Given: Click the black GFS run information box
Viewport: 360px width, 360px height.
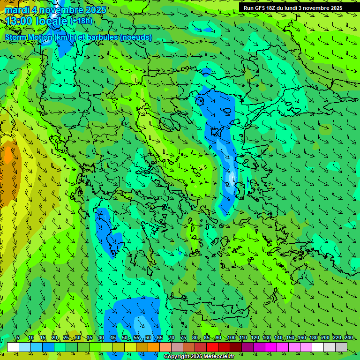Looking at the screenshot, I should (x=292, y=7).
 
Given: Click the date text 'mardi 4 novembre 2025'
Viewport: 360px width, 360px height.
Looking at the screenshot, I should (x=56, y=10).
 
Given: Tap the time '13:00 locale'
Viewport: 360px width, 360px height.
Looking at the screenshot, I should (x=36, y=21).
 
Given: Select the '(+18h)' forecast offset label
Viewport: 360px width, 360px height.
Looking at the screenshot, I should (x=81, y=21).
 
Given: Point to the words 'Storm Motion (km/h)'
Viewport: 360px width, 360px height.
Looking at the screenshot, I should (x=41, y=37).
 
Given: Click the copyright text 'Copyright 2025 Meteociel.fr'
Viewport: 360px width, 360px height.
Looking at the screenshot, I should (x=199, y=357).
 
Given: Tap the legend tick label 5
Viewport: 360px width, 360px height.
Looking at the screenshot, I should (x=18, y=337).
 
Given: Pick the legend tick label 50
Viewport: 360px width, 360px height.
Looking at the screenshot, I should (x=124, y=337).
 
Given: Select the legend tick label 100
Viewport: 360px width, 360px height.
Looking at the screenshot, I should (x=231, y=337).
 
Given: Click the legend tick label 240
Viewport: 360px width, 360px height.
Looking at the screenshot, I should (x=348, y=337).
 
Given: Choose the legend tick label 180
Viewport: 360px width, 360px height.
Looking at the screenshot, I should (x=313, y=337).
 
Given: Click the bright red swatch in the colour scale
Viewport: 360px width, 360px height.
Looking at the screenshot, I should (x=212, y=347).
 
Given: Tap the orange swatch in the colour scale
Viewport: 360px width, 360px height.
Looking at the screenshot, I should (x=154, y=347).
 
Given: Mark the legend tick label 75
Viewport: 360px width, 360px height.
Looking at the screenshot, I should (x=183, y=337).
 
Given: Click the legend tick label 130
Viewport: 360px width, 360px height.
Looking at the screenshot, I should (x=266, y=337).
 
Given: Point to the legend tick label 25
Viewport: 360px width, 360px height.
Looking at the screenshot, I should (x=66, y=337).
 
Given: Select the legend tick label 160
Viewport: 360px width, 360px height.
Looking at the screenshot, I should (x=301, y=337).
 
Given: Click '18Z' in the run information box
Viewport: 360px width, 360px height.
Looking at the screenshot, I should (x=271, y=8).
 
